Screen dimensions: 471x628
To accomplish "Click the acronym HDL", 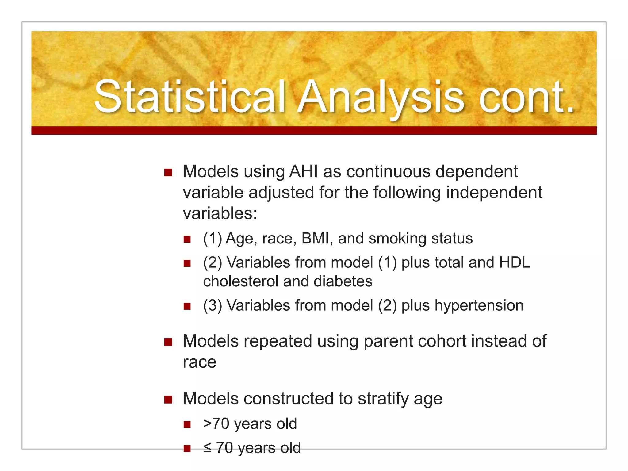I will [515, 262].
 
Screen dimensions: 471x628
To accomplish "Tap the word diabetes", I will [343, 281].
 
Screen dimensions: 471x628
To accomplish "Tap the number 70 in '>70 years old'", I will [221, 424].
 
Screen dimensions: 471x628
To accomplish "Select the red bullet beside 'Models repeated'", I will [168, 342].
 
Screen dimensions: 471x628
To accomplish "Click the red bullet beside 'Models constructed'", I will [168, 400].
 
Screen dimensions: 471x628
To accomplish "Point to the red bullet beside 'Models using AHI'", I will [168, 172].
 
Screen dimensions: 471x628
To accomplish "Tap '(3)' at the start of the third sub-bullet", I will [212, 305].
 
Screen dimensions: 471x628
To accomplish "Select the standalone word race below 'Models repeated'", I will [199, 362].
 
